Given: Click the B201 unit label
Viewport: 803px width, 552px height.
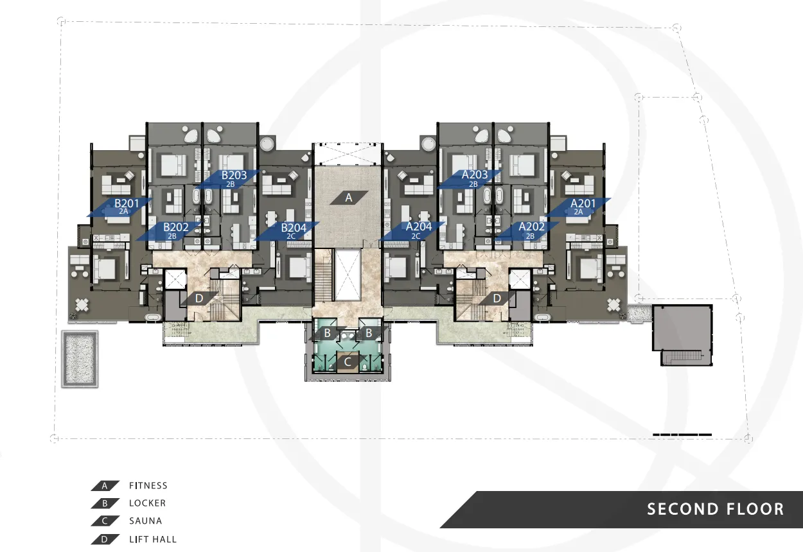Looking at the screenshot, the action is [x=127, y=203].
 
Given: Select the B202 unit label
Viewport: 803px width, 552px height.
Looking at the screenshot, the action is [x=175, y=227].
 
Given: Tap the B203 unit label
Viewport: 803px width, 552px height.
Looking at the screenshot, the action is [x=234, y=175].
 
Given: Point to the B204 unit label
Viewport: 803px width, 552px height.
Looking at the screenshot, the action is [x=294, y=228].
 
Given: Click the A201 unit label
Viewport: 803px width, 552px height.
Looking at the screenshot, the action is [x=583, y=203].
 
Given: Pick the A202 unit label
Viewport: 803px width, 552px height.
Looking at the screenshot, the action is [x=532, y=227].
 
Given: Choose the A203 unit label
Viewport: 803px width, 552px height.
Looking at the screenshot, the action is [x=475, y=175].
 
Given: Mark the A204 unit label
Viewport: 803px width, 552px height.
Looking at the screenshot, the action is [x=419, y=227].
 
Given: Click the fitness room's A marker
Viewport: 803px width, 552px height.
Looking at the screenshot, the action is [x=349, y=198].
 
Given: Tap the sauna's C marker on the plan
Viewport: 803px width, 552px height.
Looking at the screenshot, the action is [x=347, y=362].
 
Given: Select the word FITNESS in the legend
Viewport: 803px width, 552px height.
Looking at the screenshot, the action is [x=148, y=486].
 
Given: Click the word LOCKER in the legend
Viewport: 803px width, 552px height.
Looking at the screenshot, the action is [x=147, y=503].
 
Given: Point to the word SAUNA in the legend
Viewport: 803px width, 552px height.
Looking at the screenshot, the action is [x=146, y=521].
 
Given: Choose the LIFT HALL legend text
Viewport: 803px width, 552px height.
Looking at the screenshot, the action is [x=153, y=539].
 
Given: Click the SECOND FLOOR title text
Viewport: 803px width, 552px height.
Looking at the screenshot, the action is [x=716, y=509].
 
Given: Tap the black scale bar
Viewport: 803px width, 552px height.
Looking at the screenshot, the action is [x=682, y=435].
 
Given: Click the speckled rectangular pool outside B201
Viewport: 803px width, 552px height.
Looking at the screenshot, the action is [x=80, y=359].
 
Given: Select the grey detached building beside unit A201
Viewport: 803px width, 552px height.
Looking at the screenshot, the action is [x=682, y=335].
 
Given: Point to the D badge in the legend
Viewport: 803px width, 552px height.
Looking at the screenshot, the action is [x=105, y=539].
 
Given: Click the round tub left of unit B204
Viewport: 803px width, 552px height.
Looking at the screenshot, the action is [x=267, y=144].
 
